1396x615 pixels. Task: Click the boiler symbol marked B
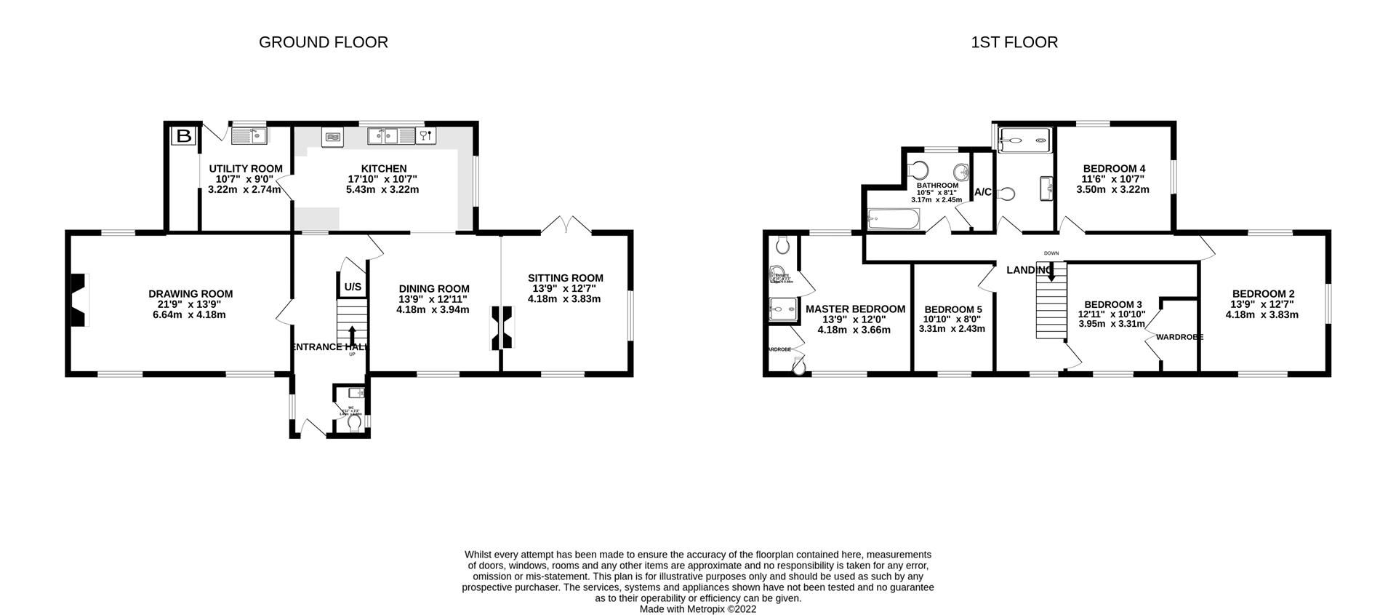[184, 135]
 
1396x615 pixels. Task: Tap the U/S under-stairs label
[353, 287]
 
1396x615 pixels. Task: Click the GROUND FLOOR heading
[324, 42]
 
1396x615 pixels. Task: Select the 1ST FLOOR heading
[1014, 42]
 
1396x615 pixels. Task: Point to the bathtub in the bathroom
[894, 218]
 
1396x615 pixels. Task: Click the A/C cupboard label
[983, 192]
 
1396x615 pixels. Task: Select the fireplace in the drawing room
[78, 300]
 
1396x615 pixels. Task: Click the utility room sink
[249, 135]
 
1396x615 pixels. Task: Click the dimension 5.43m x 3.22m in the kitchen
[382, 189]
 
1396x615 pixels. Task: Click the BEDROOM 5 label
[952, 309]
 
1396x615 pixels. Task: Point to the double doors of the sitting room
[566, 224]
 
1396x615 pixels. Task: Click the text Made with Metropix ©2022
[698, 609]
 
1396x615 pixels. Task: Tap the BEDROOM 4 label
[1114, 168]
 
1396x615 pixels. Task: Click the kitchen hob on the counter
[332, 136]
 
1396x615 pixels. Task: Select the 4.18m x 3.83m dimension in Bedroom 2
[1261, 314]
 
